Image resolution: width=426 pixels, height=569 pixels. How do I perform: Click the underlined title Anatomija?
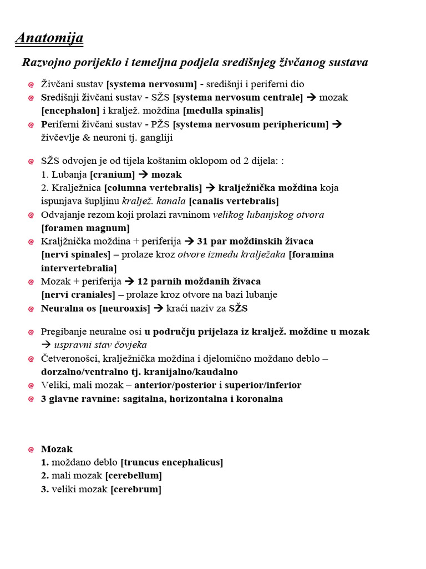pyautogui.click(x=49, y=38)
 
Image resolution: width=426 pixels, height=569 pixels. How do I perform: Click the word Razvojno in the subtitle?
pyautogui.click(x=45, y=62)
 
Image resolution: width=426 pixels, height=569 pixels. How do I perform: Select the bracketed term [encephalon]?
pyautogui.click(x=70, y=111)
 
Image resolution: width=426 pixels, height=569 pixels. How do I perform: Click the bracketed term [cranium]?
pyautogui.click(x=112, y=174)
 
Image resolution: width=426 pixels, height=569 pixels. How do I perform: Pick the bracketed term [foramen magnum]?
pyautogui.click(x=85, y=228)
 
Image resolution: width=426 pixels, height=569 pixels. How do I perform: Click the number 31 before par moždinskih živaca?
pyautogui.click(x=202, y=241)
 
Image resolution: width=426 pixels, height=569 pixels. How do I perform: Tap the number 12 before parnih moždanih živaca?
pyautogui.click(x=143, y=281)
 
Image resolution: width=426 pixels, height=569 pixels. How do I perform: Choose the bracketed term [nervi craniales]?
pyautogui.click(x=78, y=295)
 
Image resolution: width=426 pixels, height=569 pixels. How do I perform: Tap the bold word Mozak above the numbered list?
pyautogui.click(x=57, y=449)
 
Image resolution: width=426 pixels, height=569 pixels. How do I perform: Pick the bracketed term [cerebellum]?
pyautogui.click(x=134, y=476)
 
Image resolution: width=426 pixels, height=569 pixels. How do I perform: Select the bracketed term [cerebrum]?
pyautogui.click(x=136, y=489)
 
